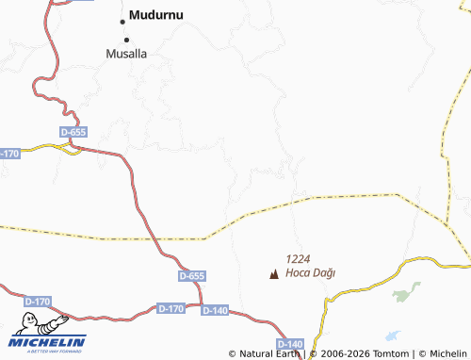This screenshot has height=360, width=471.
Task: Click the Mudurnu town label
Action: click(x=158, y=16)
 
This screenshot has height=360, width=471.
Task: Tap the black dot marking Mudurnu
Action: click(x=122, y=20)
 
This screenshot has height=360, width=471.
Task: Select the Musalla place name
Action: click(x=126, y=54)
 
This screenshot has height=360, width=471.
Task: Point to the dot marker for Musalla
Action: click(x=126, y=39)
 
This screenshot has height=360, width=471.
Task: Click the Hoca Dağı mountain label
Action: click(x=310, y=273)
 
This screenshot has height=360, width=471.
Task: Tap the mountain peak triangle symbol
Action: click(x=274, y=275)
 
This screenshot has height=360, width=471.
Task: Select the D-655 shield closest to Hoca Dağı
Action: click(x=191, y=276)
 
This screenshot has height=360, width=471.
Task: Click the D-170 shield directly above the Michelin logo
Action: click(x=37, y=302)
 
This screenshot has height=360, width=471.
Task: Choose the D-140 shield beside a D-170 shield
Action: click(x=215, y=309)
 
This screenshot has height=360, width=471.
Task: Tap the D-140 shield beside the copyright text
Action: click(x=290, y=344)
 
